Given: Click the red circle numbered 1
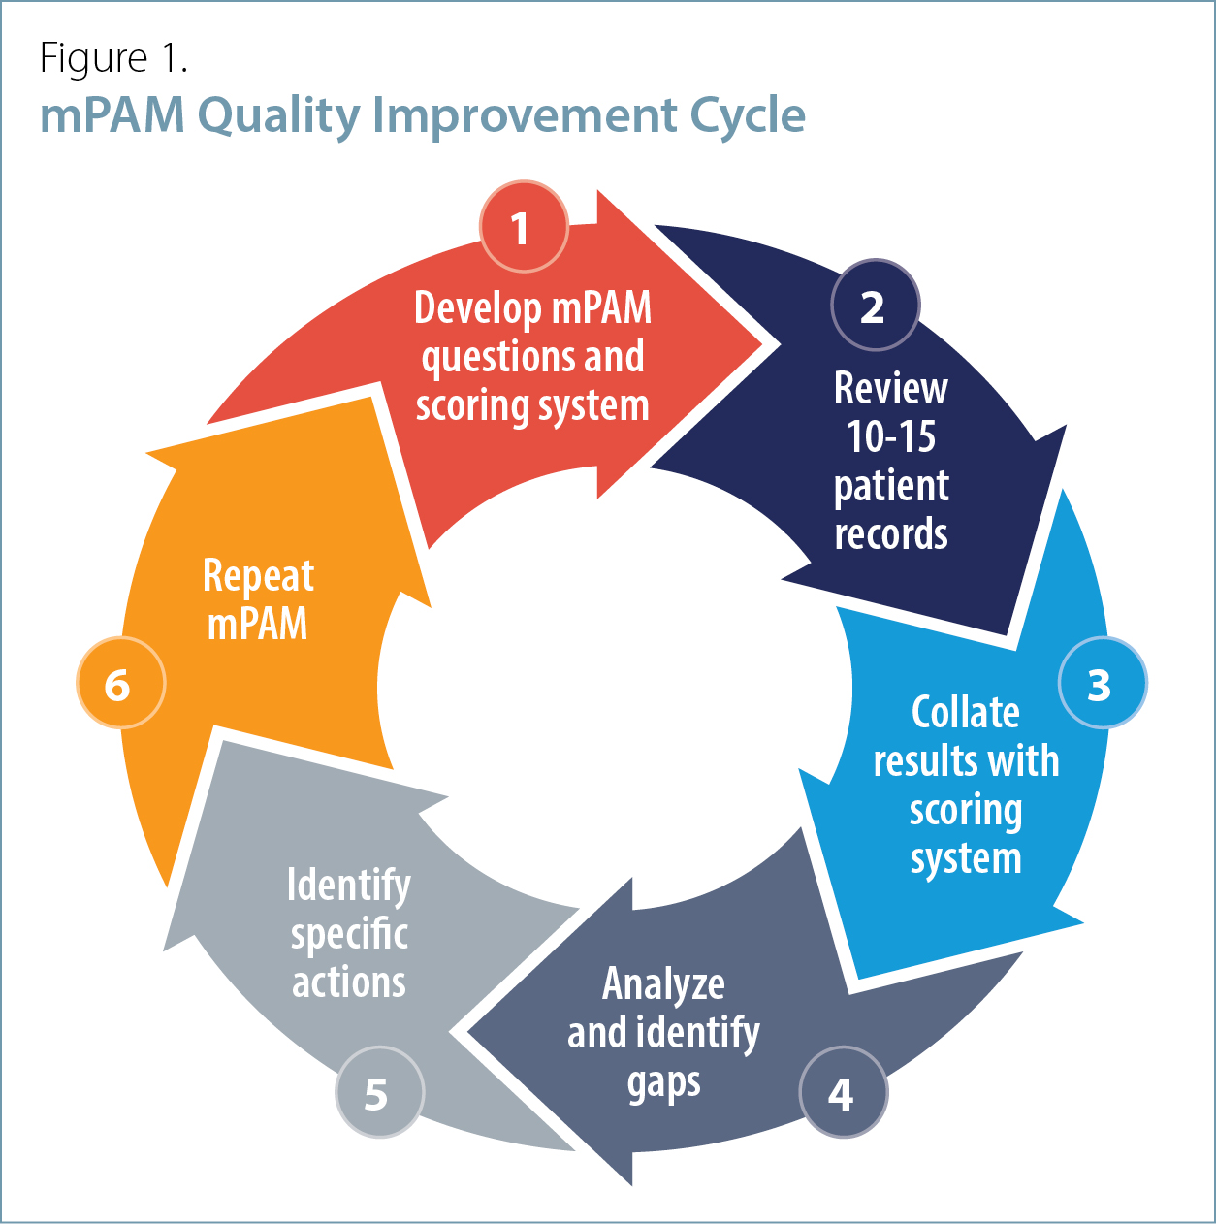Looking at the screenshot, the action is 524,227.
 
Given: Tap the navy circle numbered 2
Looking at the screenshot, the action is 875,305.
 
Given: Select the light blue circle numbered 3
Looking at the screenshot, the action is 1103,683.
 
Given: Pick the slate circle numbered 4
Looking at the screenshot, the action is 843,1093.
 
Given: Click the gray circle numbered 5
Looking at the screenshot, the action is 379,1093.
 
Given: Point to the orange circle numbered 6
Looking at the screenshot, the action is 120,683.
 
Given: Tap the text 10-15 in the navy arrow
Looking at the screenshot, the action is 891,437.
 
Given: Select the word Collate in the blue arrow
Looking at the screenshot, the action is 965,712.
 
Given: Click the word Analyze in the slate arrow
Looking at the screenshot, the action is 663,983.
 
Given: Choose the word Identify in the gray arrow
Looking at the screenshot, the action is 349,886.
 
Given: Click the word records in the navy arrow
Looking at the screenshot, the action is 891,533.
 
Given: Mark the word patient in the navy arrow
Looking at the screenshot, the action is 891,487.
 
